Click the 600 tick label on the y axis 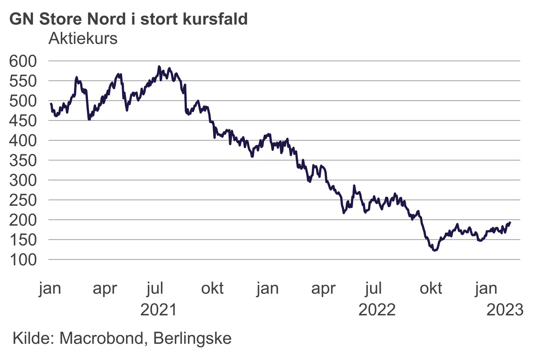[x=23, y=61]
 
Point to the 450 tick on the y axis [x=23, y=121]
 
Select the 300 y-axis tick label [x=23, y=180]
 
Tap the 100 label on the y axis [x=23, y=260]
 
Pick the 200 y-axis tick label [x=23, y=220]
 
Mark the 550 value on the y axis [x=23, y=81]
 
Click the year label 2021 [x=158, y=310]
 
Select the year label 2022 [x=377, y=310]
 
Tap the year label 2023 [x=505, y=310]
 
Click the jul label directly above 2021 [x=155, y=289]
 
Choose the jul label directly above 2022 [x=373, y=289]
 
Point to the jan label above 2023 [x=486, y=289]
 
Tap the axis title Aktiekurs [x=83, y=38]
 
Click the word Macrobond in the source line [x=101, y=338]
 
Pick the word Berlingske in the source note [x=192, y=338]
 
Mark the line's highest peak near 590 [x=159, y=66]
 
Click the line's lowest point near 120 [x=435, y=250]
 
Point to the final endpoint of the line [x=510, y=222]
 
